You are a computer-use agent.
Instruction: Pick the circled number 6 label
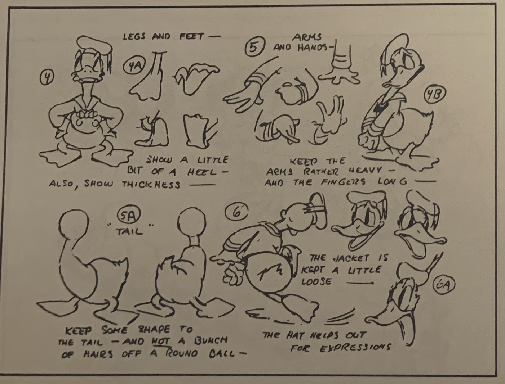tap(237, 212)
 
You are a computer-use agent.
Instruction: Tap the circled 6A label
tap(443, 285)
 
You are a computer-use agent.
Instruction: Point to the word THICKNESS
tap(151, 184)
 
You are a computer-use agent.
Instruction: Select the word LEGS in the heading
tap(134, 36)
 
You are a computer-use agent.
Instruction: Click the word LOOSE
tap(317, 281)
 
